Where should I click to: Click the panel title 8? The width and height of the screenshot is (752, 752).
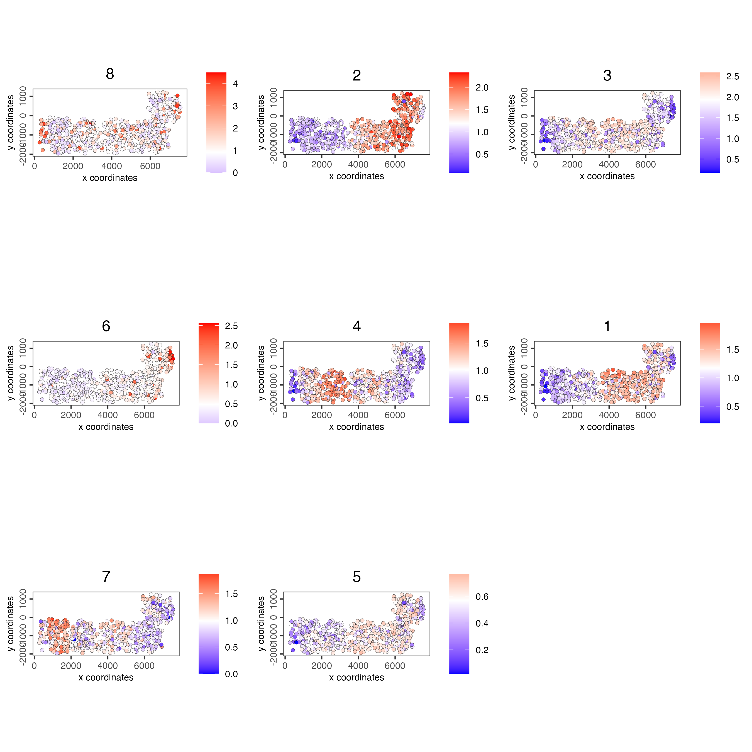coord(110,74)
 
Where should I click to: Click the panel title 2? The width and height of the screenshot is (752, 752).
coord(357,75)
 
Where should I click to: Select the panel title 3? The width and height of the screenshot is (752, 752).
coord(607,75)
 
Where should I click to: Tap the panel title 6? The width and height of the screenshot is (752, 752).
coord(106,326)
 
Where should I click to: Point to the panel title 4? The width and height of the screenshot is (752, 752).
coord(357,326)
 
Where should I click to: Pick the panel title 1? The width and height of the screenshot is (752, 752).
coord(607,326)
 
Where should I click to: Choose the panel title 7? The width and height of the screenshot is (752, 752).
coord(106,577)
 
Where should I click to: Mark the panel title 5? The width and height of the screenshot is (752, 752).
coord(357,577)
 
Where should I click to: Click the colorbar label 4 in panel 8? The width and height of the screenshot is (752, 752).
coord(235,84)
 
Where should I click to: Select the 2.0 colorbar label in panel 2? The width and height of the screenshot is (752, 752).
coord(482,87)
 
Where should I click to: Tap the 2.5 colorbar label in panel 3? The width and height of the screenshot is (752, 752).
coord(733,76)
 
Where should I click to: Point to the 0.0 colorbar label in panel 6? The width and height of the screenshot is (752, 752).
coord(231,423)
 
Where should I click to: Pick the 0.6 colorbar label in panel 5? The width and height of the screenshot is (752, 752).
coord(482,596)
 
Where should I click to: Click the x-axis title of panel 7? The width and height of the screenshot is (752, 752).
coord(106,677)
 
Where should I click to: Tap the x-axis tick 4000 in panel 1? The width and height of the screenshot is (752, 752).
coord(609,415)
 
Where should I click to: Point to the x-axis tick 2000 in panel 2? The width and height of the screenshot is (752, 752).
coord(321,164)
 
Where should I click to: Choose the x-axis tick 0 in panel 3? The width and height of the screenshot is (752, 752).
coord(536,164)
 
